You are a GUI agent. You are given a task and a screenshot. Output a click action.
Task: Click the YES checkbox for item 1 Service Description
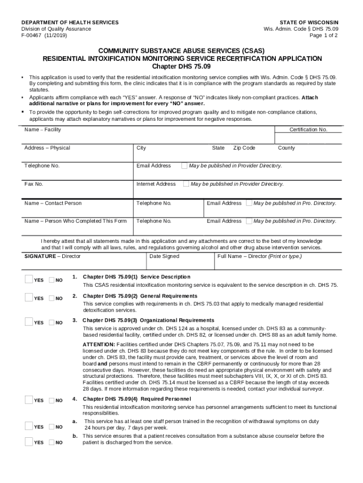[29, 280]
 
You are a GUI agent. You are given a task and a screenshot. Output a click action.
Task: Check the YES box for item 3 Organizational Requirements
[29, 322]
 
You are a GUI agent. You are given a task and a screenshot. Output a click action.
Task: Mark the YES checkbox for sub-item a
[29, 426]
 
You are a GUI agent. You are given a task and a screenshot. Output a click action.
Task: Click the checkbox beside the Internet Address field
[186, 184]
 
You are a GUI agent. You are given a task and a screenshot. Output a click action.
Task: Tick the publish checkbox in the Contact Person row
[249, 203]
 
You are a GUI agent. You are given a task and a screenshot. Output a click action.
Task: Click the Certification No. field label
[308, 130]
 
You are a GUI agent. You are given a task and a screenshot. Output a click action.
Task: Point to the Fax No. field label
[34, 184]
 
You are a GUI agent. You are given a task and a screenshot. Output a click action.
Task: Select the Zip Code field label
[244, 148]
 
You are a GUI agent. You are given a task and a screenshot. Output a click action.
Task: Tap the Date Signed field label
[164, 256]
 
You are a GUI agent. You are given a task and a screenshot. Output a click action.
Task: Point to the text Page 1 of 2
[324, 35]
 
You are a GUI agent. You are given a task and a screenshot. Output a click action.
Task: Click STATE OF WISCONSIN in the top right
[309, 22]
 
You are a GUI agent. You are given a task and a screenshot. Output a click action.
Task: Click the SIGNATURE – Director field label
[52, 256]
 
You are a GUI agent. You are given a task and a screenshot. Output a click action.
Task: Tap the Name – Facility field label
[42, 130]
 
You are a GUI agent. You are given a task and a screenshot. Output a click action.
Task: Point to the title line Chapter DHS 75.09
[182, 66]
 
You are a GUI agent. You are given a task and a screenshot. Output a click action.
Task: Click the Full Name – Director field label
[259, 256]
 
